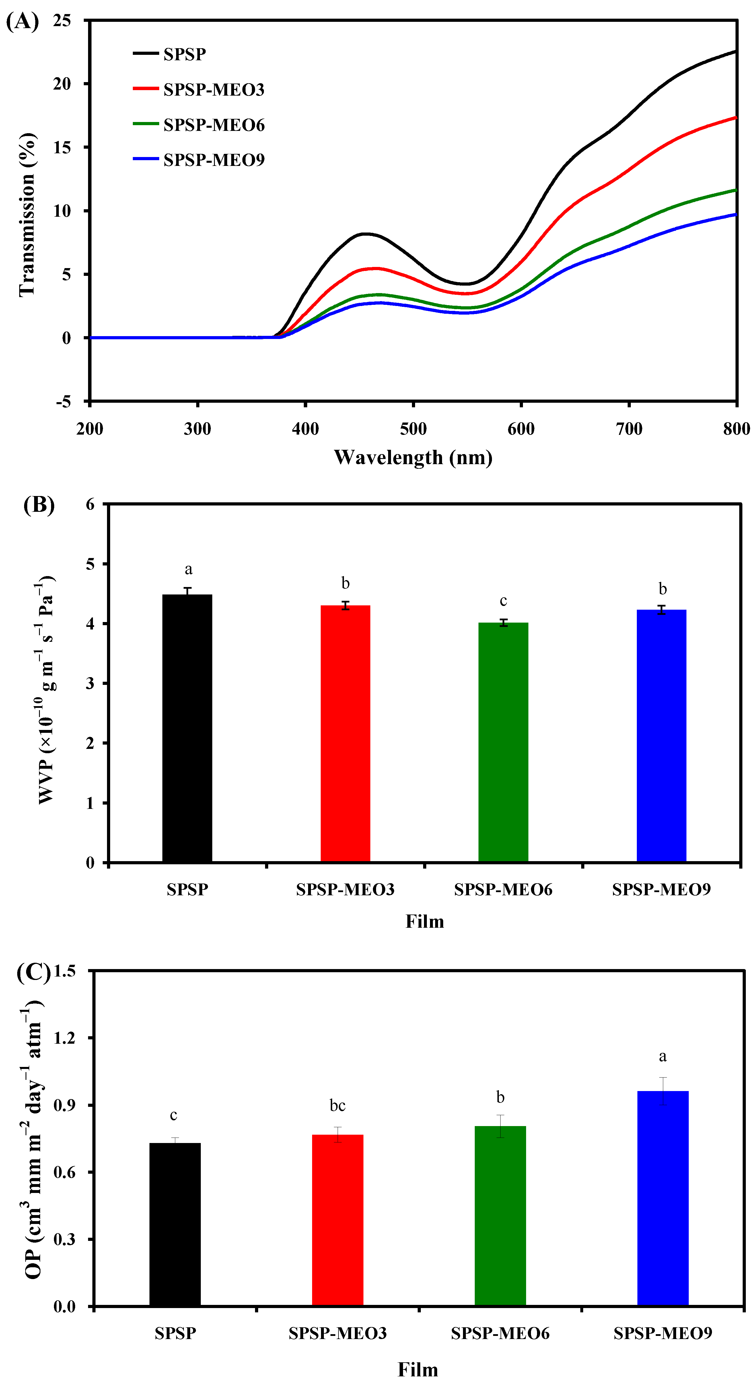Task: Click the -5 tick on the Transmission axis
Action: click(64, 402)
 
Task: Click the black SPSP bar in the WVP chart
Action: click(187, 728)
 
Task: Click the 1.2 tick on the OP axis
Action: click(65, 1037)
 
